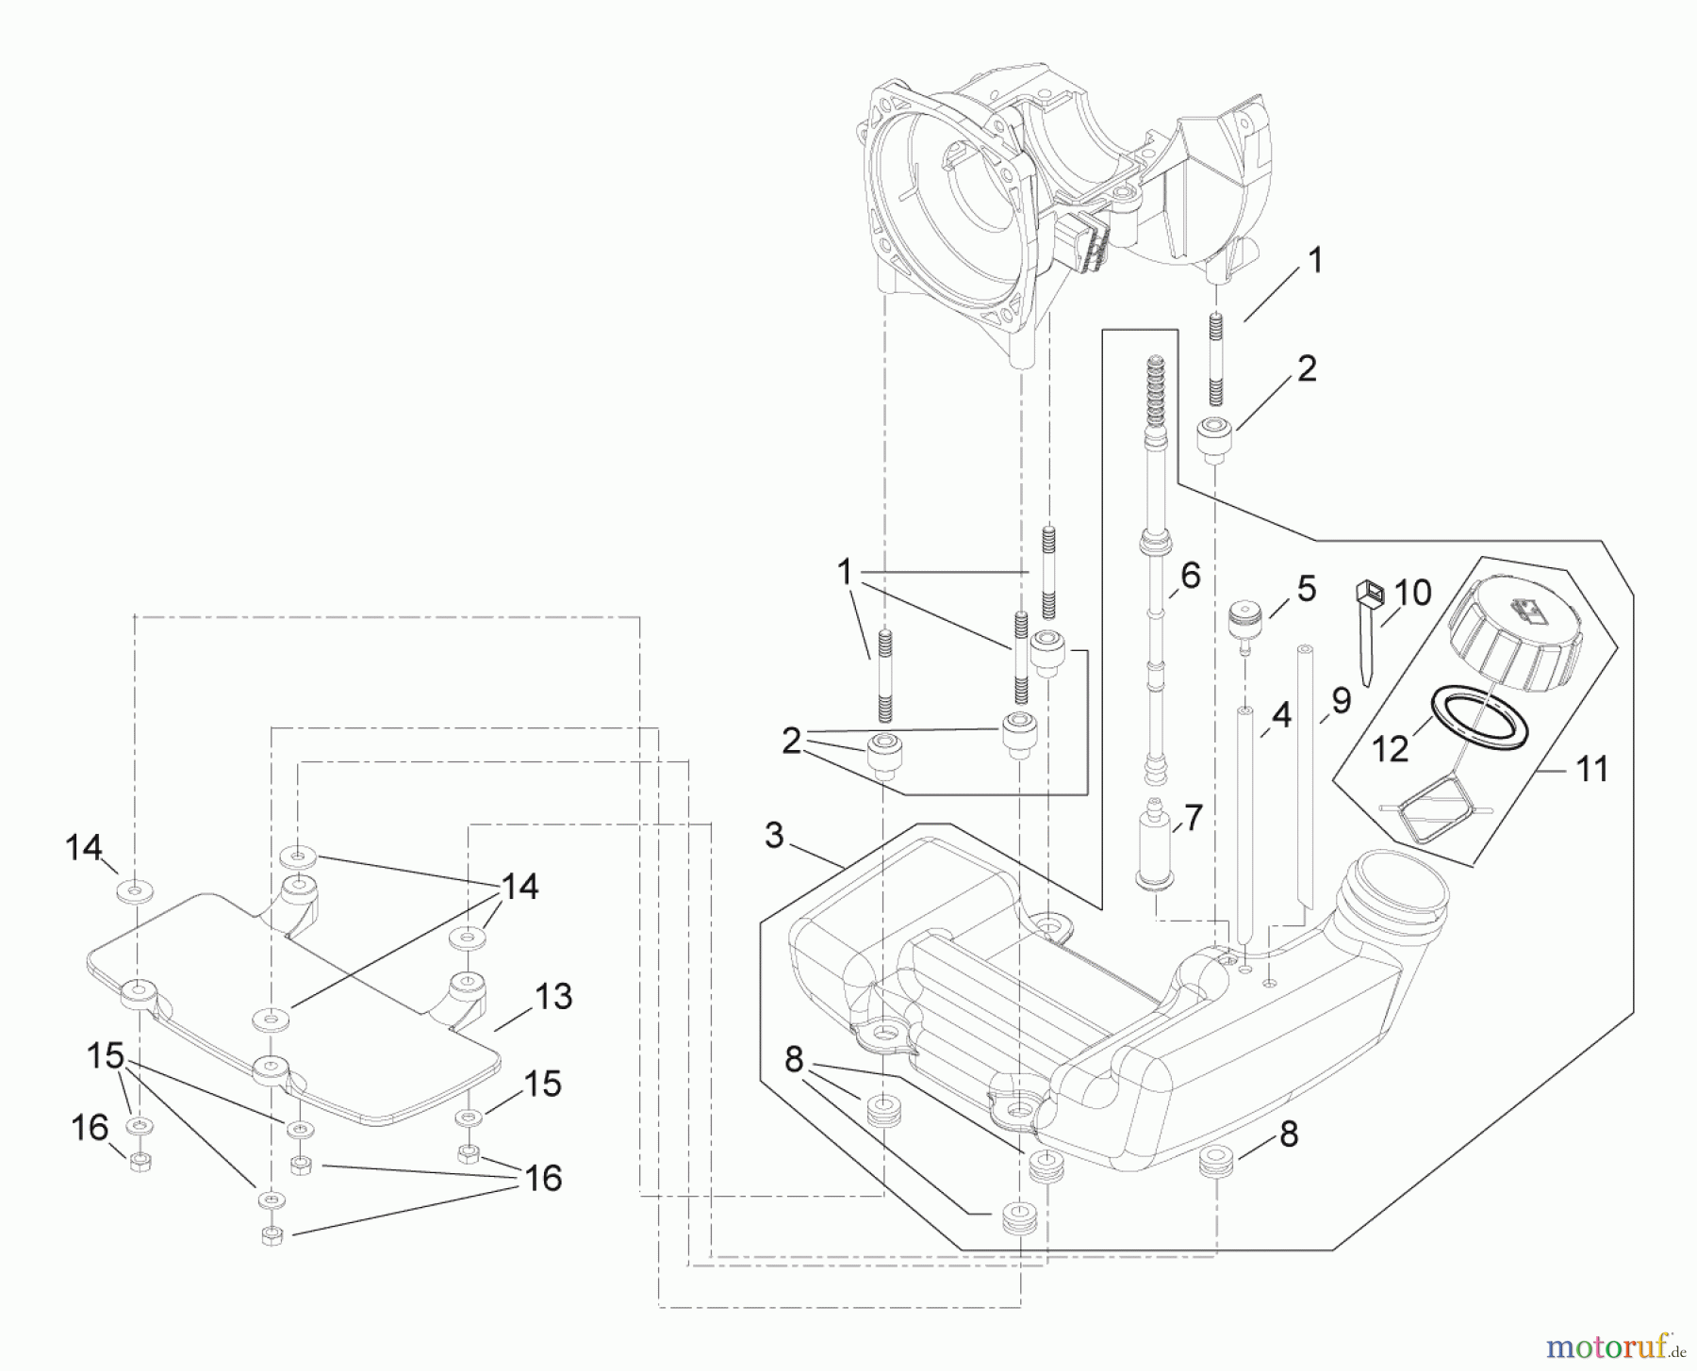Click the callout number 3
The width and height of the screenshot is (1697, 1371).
(x=774, y=836)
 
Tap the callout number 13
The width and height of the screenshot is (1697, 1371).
(x=552, y=996)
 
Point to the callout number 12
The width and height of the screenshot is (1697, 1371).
(x=1390, y=748)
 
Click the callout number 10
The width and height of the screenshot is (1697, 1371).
(x=1412, y=593)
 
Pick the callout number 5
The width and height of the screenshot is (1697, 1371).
(x=1306, y=589)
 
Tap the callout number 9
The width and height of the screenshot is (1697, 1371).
(x=1341, y=700)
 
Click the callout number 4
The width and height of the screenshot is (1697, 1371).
(x=1280, y=716)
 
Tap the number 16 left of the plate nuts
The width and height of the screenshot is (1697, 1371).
(x=91, y=1127)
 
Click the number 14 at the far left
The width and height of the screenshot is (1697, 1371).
(x=83, y=848)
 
